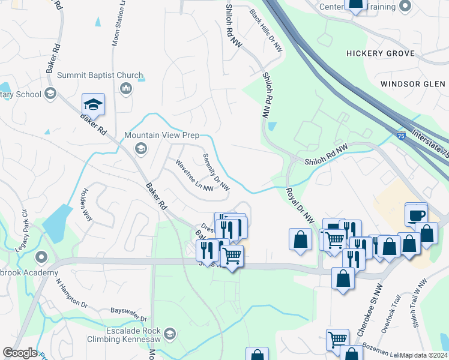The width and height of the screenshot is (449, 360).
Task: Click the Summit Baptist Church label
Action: pos(100,76)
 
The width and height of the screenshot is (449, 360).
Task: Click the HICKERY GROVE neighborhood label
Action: pos(380,53)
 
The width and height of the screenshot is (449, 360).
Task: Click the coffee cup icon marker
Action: pos(416,214)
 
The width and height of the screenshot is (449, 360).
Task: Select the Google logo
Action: pos(20,353)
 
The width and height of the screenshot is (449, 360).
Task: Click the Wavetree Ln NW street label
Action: pos(194,175)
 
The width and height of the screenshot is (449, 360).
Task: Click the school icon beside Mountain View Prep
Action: pos(140,148)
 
